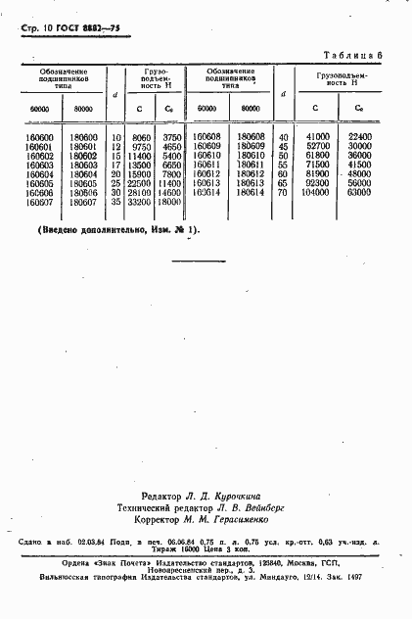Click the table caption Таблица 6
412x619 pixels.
358,61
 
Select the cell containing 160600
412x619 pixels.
40,138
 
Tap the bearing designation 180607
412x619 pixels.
85,203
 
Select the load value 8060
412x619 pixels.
140,138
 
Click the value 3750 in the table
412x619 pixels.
170,138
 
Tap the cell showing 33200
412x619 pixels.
140,203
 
